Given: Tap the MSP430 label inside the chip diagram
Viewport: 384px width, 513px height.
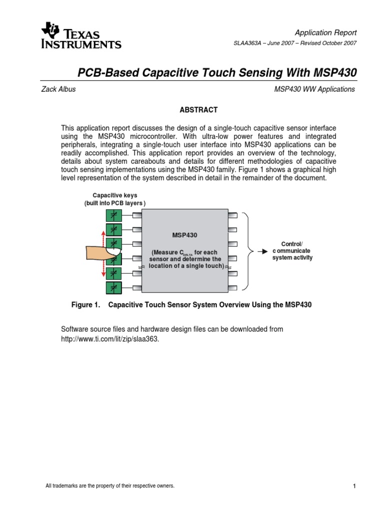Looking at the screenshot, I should coord(185,234).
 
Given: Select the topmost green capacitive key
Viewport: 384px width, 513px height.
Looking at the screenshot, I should coord(113,216).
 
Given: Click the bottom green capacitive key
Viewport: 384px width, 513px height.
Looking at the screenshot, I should coord(113,288).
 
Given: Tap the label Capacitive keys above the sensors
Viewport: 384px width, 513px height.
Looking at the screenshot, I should coord(114,195).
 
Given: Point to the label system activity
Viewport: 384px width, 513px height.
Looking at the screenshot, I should coord(292,258).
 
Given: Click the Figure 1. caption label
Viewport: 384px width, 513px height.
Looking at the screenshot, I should coord(86,305).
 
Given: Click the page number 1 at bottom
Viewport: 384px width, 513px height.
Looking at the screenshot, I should coord(353,486).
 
